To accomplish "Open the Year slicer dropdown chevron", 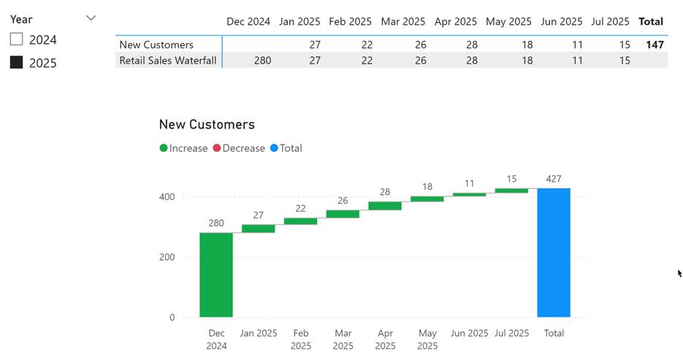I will pyautogui.click(x=91, y=18).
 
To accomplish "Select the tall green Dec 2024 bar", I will pyautogui.click(x=216, y=275).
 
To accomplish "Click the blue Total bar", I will pyautogui.click(x=554, y=252).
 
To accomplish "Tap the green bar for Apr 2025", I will pyautogui.click(x=385, y=206).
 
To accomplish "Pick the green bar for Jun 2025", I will pyautogui.click(x=469, y=194).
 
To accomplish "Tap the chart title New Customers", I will pyautogui.click(x=207, y=125).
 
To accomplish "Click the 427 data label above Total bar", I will pyautogui.click(x=554, y=179).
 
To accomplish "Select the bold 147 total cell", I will pyautogui.click(x=655, y=45).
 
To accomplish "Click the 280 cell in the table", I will pyautogui.click(x=262, y=61).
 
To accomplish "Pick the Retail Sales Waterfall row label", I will pyautogui.click(x=168, y=61).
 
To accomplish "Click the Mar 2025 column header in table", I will pyautogui.click(x=403, y=22).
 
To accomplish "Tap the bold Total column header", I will pyautogui.click(x=651, y=22).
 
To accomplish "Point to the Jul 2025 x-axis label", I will pyautogui.click(x=511, y=333).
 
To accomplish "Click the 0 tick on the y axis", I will pyautogui.click(x=172, y=318).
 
